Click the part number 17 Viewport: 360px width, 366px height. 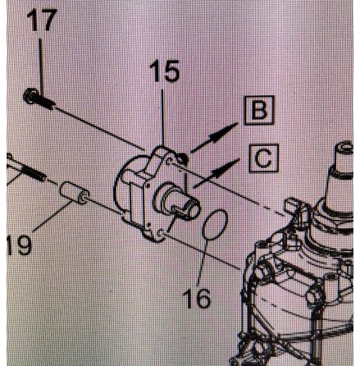42,20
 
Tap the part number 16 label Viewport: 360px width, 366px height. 197,298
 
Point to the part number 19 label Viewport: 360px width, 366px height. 19,245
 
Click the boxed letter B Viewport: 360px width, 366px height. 259,110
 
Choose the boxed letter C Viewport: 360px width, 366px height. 263,158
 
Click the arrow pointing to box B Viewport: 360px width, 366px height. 215,137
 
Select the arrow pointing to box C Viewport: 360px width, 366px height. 216,173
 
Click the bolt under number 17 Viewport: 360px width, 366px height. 39,99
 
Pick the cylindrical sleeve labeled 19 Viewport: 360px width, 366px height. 75,193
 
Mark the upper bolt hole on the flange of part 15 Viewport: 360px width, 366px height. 171,161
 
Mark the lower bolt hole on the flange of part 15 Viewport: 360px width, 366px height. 162,233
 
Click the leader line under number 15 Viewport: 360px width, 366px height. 162,117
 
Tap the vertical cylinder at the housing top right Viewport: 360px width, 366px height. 343,158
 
